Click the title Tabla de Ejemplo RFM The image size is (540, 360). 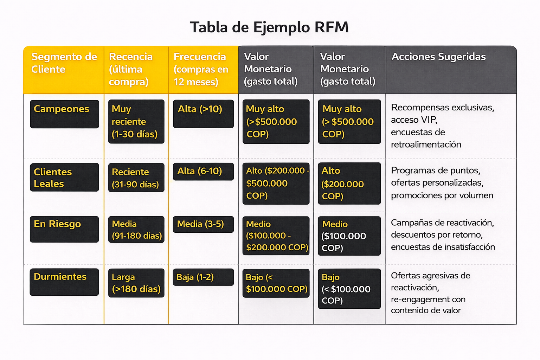(269, 27)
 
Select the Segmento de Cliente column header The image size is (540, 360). (64, 63)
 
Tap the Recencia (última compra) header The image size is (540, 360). (131, 69)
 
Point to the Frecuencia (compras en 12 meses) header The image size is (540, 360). (201, 69)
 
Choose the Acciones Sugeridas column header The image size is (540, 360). (438, 57)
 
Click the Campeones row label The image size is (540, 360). (64, 114)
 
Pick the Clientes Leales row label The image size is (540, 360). (64, 177)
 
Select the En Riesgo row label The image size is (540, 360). (64, 229)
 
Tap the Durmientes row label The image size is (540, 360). (64, 282)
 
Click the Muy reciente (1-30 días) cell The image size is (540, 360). (136, 121)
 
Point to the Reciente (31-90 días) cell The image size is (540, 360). (136, 178)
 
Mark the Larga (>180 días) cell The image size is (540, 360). (136, 283)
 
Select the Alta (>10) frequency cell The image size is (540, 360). (203, 114)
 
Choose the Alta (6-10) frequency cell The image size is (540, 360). (203, 172)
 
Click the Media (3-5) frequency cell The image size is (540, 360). (203, 224)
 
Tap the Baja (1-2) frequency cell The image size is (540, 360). (203, 277)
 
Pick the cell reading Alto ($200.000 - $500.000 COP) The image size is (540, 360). (276, 183)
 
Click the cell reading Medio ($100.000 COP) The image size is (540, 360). (349, 236)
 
